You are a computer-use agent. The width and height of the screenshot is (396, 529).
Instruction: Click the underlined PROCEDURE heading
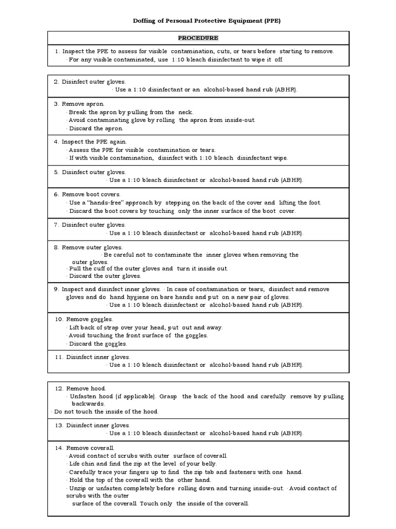point(198,38)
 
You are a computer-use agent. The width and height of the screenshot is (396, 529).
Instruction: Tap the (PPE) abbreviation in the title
point(271,21)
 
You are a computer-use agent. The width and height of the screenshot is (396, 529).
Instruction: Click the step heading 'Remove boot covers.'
point(91,195)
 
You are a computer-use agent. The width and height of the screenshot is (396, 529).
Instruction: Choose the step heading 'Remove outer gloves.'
point(92,247)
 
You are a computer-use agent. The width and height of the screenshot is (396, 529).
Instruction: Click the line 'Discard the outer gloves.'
point(105,276)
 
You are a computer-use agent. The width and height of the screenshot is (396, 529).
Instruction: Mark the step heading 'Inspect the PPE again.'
point(94,142)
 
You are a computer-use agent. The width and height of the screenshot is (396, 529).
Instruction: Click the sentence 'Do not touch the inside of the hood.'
point(106,411)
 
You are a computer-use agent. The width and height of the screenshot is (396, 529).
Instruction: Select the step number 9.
point(56,289)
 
